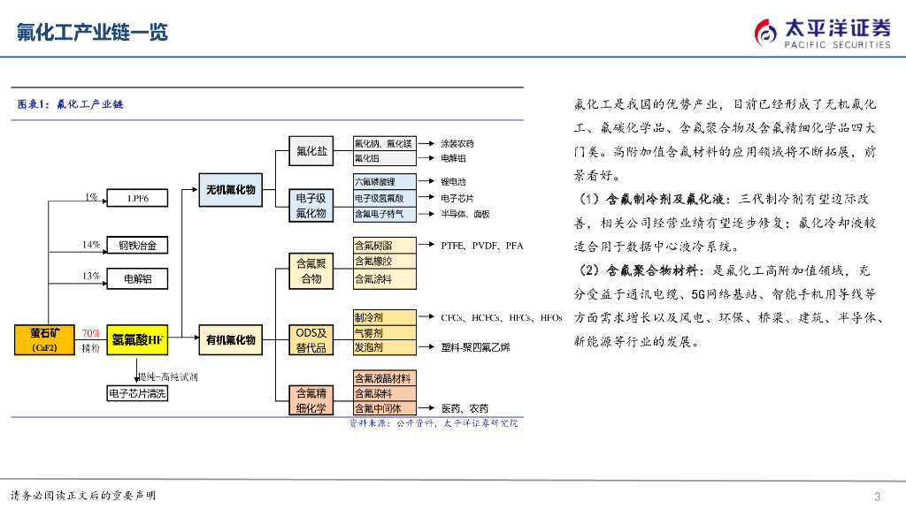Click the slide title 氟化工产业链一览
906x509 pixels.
92,33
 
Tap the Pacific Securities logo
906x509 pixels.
822,33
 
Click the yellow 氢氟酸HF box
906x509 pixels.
138,339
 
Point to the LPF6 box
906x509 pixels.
137,199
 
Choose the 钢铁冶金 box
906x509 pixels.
137,246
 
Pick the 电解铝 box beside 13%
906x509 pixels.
137,279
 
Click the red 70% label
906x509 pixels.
91,333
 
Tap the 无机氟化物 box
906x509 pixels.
231,190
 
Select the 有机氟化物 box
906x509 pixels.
231,339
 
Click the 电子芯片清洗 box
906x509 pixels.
137,393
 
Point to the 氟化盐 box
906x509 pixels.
311,151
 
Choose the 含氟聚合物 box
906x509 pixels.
311,270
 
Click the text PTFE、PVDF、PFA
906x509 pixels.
481,246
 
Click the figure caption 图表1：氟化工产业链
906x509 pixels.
70,104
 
